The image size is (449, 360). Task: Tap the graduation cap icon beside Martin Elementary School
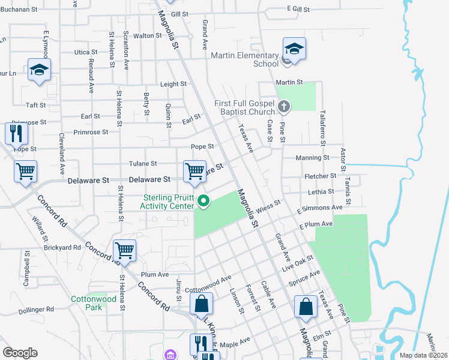294,49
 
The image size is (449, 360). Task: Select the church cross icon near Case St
284,107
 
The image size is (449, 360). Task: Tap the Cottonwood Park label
94,302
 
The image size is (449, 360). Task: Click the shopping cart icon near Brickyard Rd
124,250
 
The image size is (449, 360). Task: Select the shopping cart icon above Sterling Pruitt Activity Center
195,171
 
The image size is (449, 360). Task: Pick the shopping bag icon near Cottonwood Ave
202,304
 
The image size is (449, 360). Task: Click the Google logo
20,353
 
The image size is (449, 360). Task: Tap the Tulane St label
143,163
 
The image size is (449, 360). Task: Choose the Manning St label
312,158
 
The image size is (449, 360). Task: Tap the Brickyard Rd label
62,247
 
